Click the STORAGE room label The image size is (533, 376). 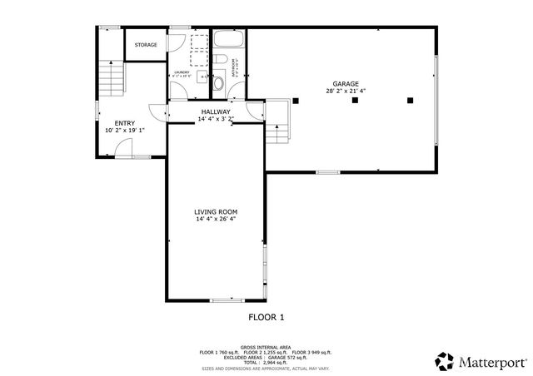tap(146, 45)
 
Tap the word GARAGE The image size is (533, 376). tap(346, 84)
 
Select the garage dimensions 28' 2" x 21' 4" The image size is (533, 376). tap(346, 92)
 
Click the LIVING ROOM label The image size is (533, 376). tap(216, 212)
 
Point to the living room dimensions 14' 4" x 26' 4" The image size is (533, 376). tap(216, 220)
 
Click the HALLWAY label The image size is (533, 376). tap(215, 111)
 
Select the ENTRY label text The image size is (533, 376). tap(125, 123)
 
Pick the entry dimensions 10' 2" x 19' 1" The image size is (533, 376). tap(125, 131)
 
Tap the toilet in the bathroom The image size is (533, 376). tap(218, 83)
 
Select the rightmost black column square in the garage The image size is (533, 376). tap(410, 101)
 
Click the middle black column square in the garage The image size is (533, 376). tap(355, 101)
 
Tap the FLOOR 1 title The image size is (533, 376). tap(266, 317)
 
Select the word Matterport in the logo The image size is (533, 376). tap(491, 362)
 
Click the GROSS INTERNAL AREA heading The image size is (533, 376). tap(266, 347)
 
